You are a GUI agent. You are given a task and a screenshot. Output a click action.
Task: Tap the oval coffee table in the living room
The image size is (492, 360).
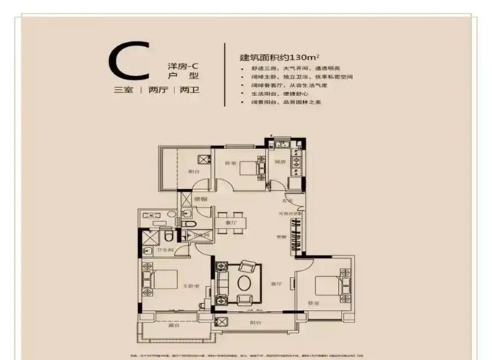(245, 278)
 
